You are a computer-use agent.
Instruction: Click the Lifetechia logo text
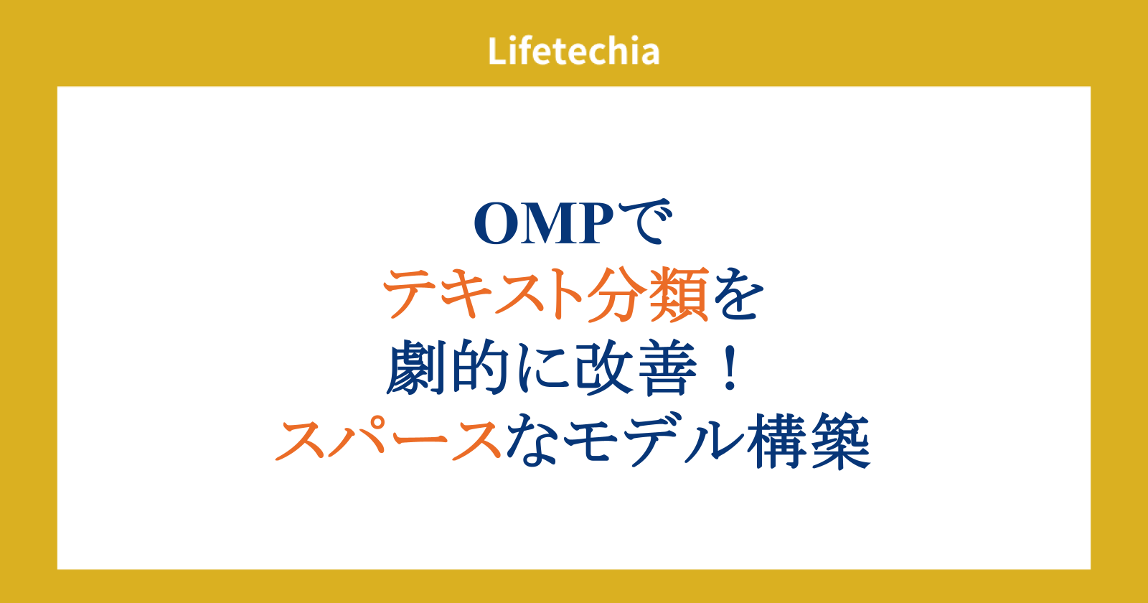pyautogui.click(x=573, y=51)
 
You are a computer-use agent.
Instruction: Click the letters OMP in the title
pyautogui.click(x=544, y=223)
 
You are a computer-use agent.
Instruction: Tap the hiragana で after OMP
pyautogui.click(x=645, y=221)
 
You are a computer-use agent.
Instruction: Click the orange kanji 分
pyautogui.click(x=616, y=294)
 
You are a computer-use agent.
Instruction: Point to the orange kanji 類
pyautogui.click(x=679, y=294)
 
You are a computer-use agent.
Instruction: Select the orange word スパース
pyautogui.click(x=388, y=440)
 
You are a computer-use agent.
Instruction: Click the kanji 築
pyautogui.click(x=840, y=440)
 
